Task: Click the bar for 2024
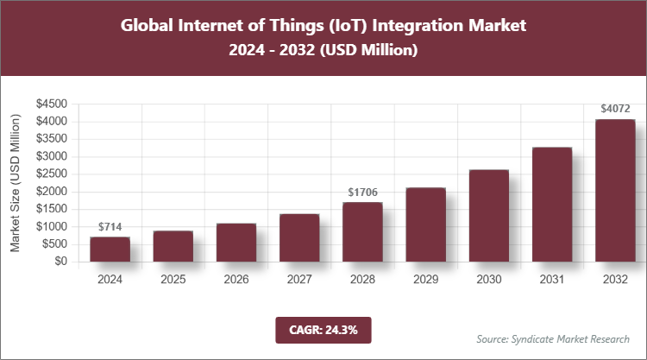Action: [x=110, y=249]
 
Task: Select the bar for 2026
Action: [x=236, y=243]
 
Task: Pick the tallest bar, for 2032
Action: [x=615, y=191]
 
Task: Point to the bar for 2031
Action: [x=552, y=205]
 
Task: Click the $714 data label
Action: [x=110, y=227]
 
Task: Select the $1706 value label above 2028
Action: [x=362, y=193]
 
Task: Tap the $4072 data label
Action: [x=615, y=109]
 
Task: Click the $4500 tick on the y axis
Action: [x=52, y=104]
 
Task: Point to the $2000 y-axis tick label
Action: [x=52, y=192]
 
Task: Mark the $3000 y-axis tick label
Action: [x=52, y=156]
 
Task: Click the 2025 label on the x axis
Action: [x=173, y=280]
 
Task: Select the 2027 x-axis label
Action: [x=299, y=280]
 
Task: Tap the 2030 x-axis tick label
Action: [x=489, y=280]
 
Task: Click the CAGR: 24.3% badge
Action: [x=323, y=329]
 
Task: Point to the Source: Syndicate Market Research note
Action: [x=553, y=338]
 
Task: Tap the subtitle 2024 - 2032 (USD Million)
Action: [x=323, y=51]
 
